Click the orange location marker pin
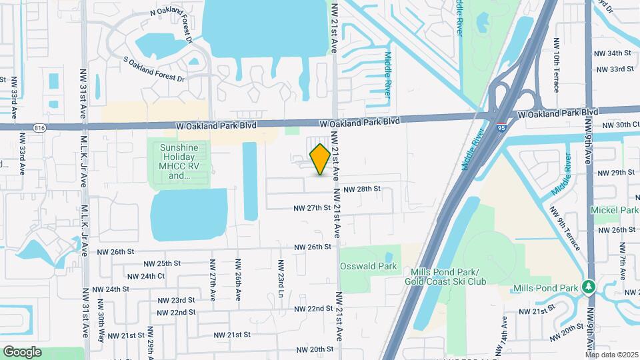tap(320, 159)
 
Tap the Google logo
tap(22, 351)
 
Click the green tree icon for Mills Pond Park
tap(588, 287)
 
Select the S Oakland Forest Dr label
tap(154, 69)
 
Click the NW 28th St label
tap(363, 189)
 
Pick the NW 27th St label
tap(313, 208)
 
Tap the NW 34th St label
tap(613, 53)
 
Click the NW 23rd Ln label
tap(280, 278)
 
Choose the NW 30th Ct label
tap(620, 125)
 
